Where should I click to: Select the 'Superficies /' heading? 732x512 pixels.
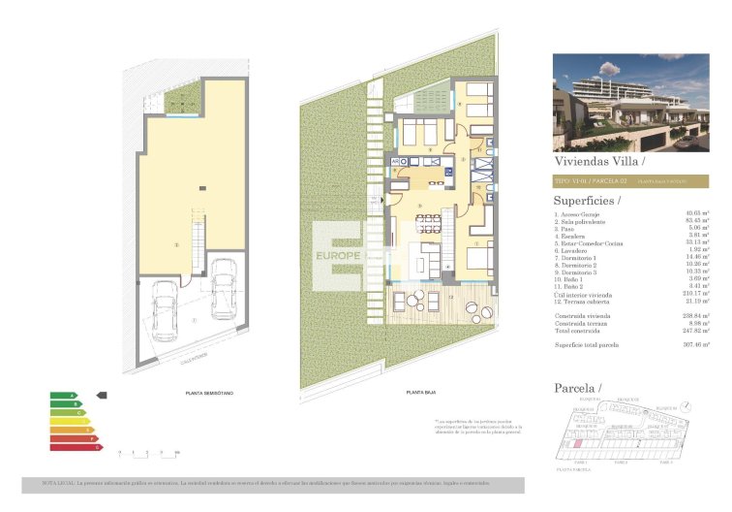588,200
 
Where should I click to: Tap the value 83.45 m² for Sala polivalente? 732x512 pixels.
697,221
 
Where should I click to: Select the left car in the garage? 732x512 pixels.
165,309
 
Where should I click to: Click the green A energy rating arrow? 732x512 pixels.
63,396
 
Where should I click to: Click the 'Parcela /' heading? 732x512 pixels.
577,388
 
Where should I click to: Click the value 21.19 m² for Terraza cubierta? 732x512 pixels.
697,304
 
